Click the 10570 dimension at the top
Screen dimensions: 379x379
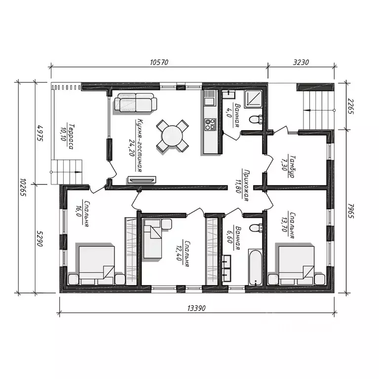point(159,62)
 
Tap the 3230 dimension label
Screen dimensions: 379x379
point(301,62)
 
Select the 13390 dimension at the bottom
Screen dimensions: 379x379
point(196,308)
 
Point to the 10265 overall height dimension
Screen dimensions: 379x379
point(23,188)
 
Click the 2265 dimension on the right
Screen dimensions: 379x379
point(351,107)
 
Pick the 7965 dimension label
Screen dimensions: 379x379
point(351,211)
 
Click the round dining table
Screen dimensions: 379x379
point(172,136)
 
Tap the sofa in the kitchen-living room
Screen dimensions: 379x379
point(135,103)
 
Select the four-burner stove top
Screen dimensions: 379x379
point(210,124)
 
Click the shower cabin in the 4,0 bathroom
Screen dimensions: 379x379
point(253,99)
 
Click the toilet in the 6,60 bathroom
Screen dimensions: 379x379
point(256,228)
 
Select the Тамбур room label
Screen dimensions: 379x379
point(292,167)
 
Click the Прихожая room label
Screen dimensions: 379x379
point(247,185)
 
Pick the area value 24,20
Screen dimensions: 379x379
point(132,148)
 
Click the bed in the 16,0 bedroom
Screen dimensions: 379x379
point(97,265)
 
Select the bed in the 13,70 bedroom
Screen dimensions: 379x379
point(296,265)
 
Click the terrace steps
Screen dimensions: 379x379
point(67,172)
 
